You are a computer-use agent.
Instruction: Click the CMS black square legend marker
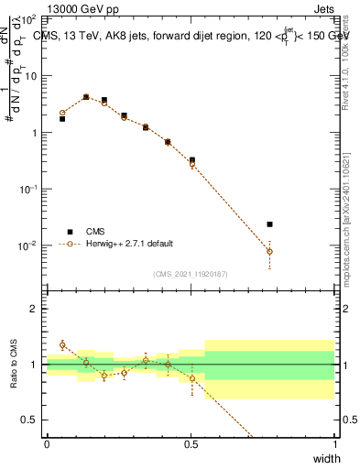click(x=68, y=232)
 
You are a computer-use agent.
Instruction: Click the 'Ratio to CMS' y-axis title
click(x=14, y=365)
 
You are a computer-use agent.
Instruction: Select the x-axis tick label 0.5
click(x=191, y=444)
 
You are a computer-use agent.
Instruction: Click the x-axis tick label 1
click(x=334, y=444)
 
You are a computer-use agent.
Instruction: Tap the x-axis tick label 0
click(x=47, y=444)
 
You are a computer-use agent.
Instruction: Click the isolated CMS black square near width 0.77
click(x=269, y=224)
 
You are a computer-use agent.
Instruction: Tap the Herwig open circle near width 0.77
click(x=269, y=251)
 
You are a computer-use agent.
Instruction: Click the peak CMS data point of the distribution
click(x=86, y=96)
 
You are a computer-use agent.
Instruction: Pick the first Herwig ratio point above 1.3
click(x=62, y=345)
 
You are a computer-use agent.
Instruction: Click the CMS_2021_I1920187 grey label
click(x=191, y=273)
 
